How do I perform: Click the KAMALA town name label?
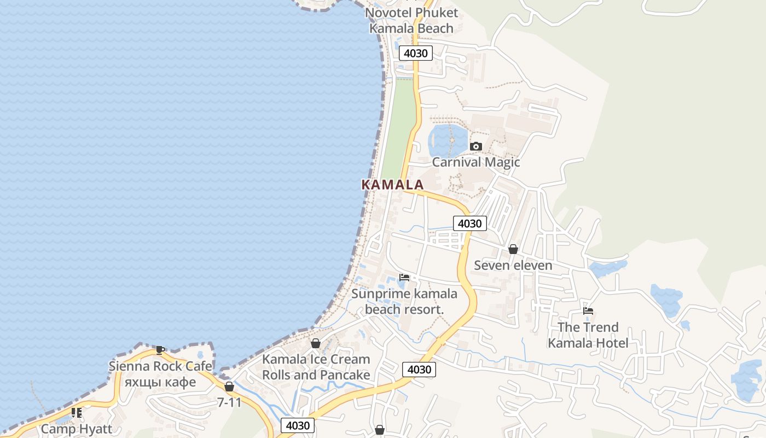(x=392, y=185)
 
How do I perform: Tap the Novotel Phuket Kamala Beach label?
(x=411, y=20)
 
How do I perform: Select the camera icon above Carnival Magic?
(x=475, y=146)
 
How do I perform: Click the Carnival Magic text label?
(x=475, y=162)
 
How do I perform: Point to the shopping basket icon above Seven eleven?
(x=513, y=249)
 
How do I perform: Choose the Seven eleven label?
(x=513, y=266)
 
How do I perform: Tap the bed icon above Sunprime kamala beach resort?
(x=404, y=277)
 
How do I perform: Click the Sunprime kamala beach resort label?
(x=404, y=302)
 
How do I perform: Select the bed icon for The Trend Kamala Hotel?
(x=588, y=311)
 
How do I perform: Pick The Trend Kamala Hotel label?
(x=588, y=335)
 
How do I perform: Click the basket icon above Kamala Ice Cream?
(x=316, y=343)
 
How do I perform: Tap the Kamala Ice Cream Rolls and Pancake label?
(x=316, y=367)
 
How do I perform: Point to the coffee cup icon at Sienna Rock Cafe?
(x=160, y=350)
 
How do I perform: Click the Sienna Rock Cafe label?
(x=152, y=373)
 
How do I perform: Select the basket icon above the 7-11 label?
(x=229, y=387)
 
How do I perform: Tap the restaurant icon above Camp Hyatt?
(x=77, y=413)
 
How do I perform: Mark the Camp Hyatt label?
(x=77, y=429)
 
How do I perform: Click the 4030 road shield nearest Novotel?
(x=415, y=53)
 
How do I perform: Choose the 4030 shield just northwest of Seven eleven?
(x=469, y=223)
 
